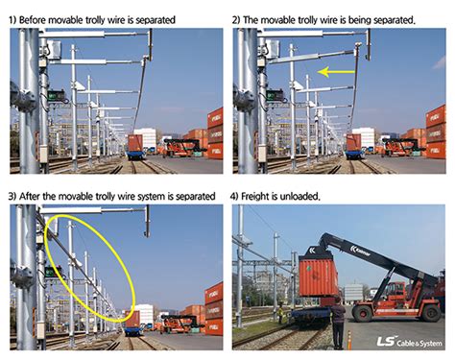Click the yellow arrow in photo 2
pyautogui.click(x=336, y=72)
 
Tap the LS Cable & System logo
pyautogui.click(x=410, y=342)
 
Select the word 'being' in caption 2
pyautogui.click(x=359, y=20)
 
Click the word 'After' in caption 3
pyautogui.click(x=30, y=196)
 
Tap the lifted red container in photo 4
pyautogui.click(x=318, y=276)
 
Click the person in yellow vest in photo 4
pyautogui.click(x=280, y=312)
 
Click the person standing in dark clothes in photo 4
pyautogui.click(x=338, y=323)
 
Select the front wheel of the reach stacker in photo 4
pyautogui.click(x=362, y=313)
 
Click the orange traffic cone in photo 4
pyautogui.click(x=349, y=340)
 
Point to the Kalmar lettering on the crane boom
pyautogui.click(x=360, y=252)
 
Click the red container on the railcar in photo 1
pyautogui.click(x=135, y=143)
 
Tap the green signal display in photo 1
pyautogui.click(x=56, y=95)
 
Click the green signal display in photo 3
pyautogui.click(x=53, y=272)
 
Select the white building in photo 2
pyautogui.click(x=364, y=137)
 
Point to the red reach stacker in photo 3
pyautogui.click(x=180, y=324)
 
